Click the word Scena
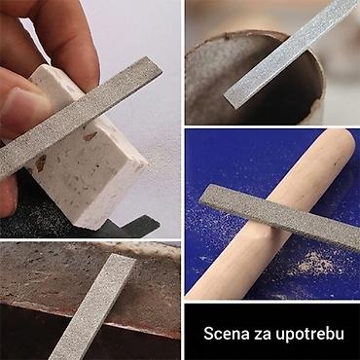click(x=225, y=335)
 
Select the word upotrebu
click(x=307, y=335)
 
